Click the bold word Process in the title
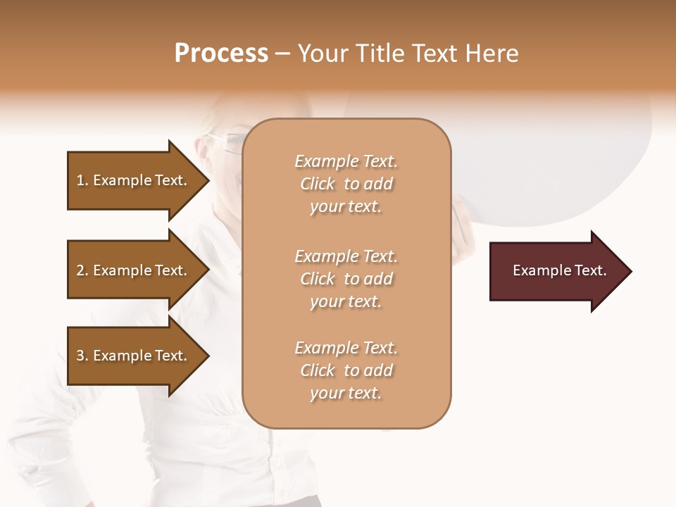(x=221, y=54)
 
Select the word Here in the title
(x=492, y=54)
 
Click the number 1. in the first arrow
(x=82, y=180)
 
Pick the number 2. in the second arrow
(x=82, y=270)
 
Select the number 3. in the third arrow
(x=82, y=356)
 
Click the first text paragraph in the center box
(x=346, y=184)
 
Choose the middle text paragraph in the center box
(x=346, y=279)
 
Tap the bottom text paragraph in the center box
(x=346, y=370)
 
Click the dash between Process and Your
(x=283, y=54)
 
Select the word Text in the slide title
(x=432, y=54)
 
